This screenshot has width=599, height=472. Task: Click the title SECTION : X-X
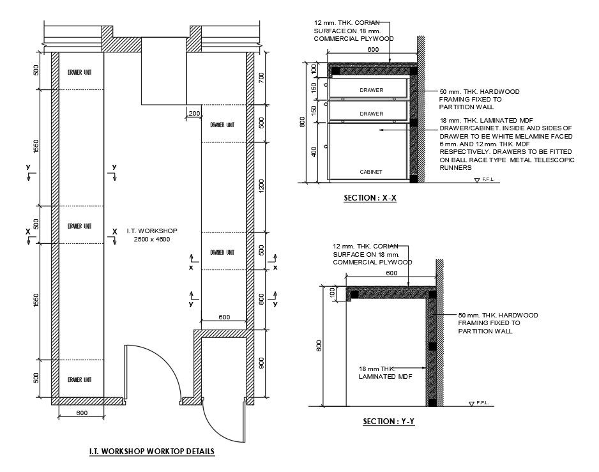(x=370, y=198)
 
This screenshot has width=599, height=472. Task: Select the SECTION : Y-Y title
(x=388, y=422)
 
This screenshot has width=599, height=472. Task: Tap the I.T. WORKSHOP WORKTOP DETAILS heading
(x=151, y=452)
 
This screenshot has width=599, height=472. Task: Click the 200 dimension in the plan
(x=194, y=113)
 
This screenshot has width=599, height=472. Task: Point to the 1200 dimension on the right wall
(x=261, y=186)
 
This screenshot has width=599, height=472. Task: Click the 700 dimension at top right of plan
(x=261, y=78)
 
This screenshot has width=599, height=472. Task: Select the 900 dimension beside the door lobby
(x=261, y=363)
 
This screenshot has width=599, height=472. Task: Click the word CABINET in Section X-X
(x=370, y=172)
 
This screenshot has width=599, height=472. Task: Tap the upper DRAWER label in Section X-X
(x=371, y=90)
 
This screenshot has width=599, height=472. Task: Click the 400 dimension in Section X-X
(x=314, y=152)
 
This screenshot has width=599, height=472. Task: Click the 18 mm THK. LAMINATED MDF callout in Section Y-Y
(x=385, y=372)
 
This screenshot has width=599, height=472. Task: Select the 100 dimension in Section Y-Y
(x=332, y=293)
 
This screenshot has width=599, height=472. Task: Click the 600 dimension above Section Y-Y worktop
(x=391, y=273)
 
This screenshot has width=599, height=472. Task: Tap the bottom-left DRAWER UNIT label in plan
(x=79, y=379)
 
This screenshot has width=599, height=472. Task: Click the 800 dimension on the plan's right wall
(x=261, y=300)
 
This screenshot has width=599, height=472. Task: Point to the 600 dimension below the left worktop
(x=82, y=413)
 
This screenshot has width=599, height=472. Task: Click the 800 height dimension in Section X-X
(x=303, y=122)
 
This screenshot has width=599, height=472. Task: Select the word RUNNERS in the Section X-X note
(x=455, y=168)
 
